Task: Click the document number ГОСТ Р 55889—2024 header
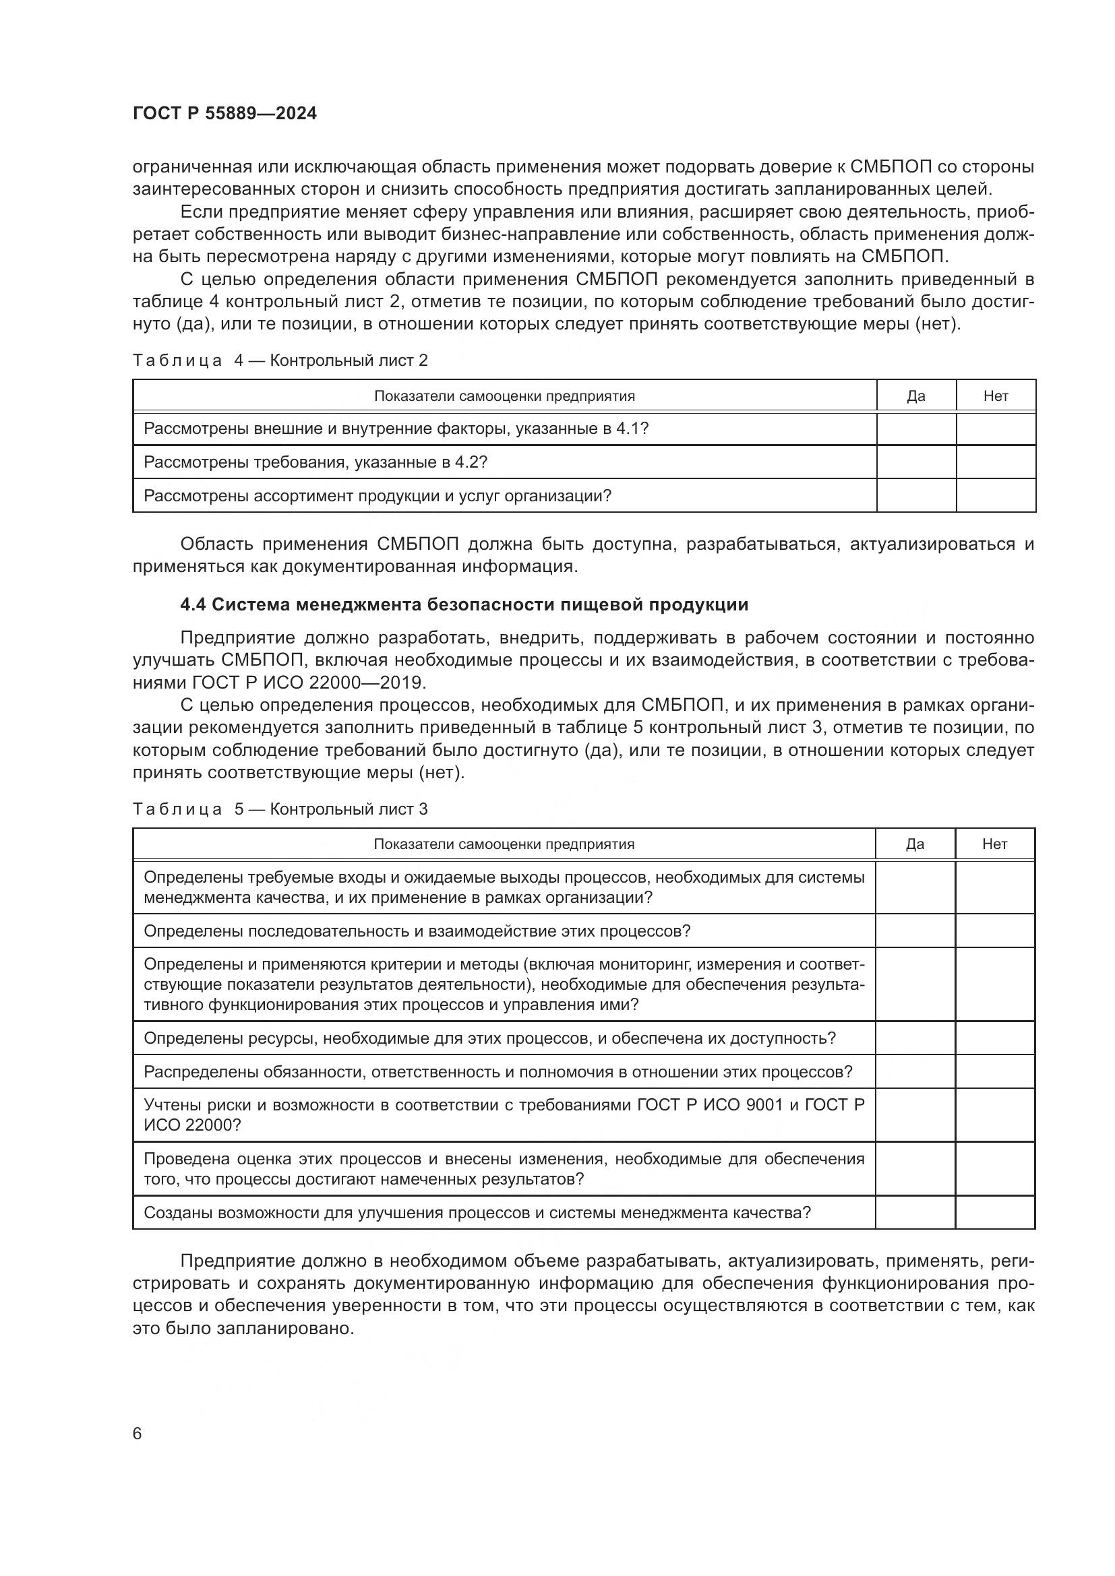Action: pos(224,114)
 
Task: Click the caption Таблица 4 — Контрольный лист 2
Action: pos(280,360)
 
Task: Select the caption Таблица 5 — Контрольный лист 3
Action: pos(280,809)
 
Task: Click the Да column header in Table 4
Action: pos(916,396)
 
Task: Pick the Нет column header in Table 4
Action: pos(996,396)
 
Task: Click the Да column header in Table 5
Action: pos(915,844)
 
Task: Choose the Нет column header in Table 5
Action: pos(995,844)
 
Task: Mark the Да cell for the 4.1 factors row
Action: pos(916,429)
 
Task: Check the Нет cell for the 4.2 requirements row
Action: pos(996,462)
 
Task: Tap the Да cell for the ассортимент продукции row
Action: pos(916,496)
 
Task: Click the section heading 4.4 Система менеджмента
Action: pos(464,604)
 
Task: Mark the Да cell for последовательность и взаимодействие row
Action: pos(915,931)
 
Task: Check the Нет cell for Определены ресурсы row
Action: pos(995,1038)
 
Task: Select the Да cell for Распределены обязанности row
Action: pos(915,1071)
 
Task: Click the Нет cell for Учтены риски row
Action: pos(995,1114)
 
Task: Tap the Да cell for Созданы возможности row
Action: pos(915,1212)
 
